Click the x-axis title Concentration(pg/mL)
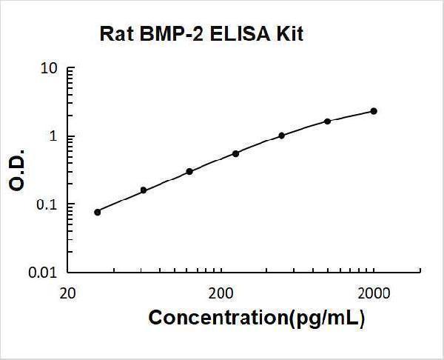257,318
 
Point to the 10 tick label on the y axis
50,69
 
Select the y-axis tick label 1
54,137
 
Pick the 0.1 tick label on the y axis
47,204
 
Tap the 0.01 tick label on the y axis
44,273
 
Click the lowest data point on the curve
98,212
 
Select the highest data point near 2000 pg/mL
374,111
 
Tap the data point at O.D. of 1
282,136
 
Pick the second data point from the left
144,190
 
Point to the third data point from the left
189,171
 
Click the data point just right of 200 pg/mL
235,153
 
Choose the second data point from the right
328,121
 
